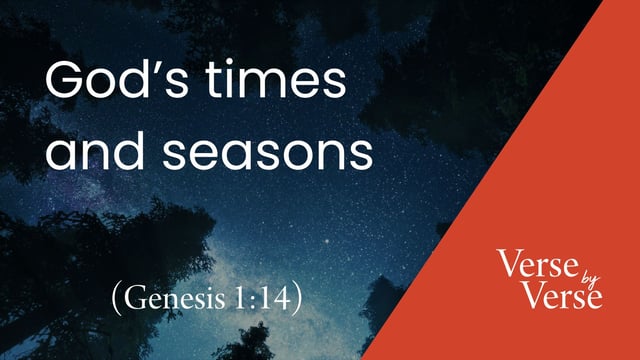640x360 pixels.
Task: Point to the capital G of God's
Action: pos(67,81)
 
